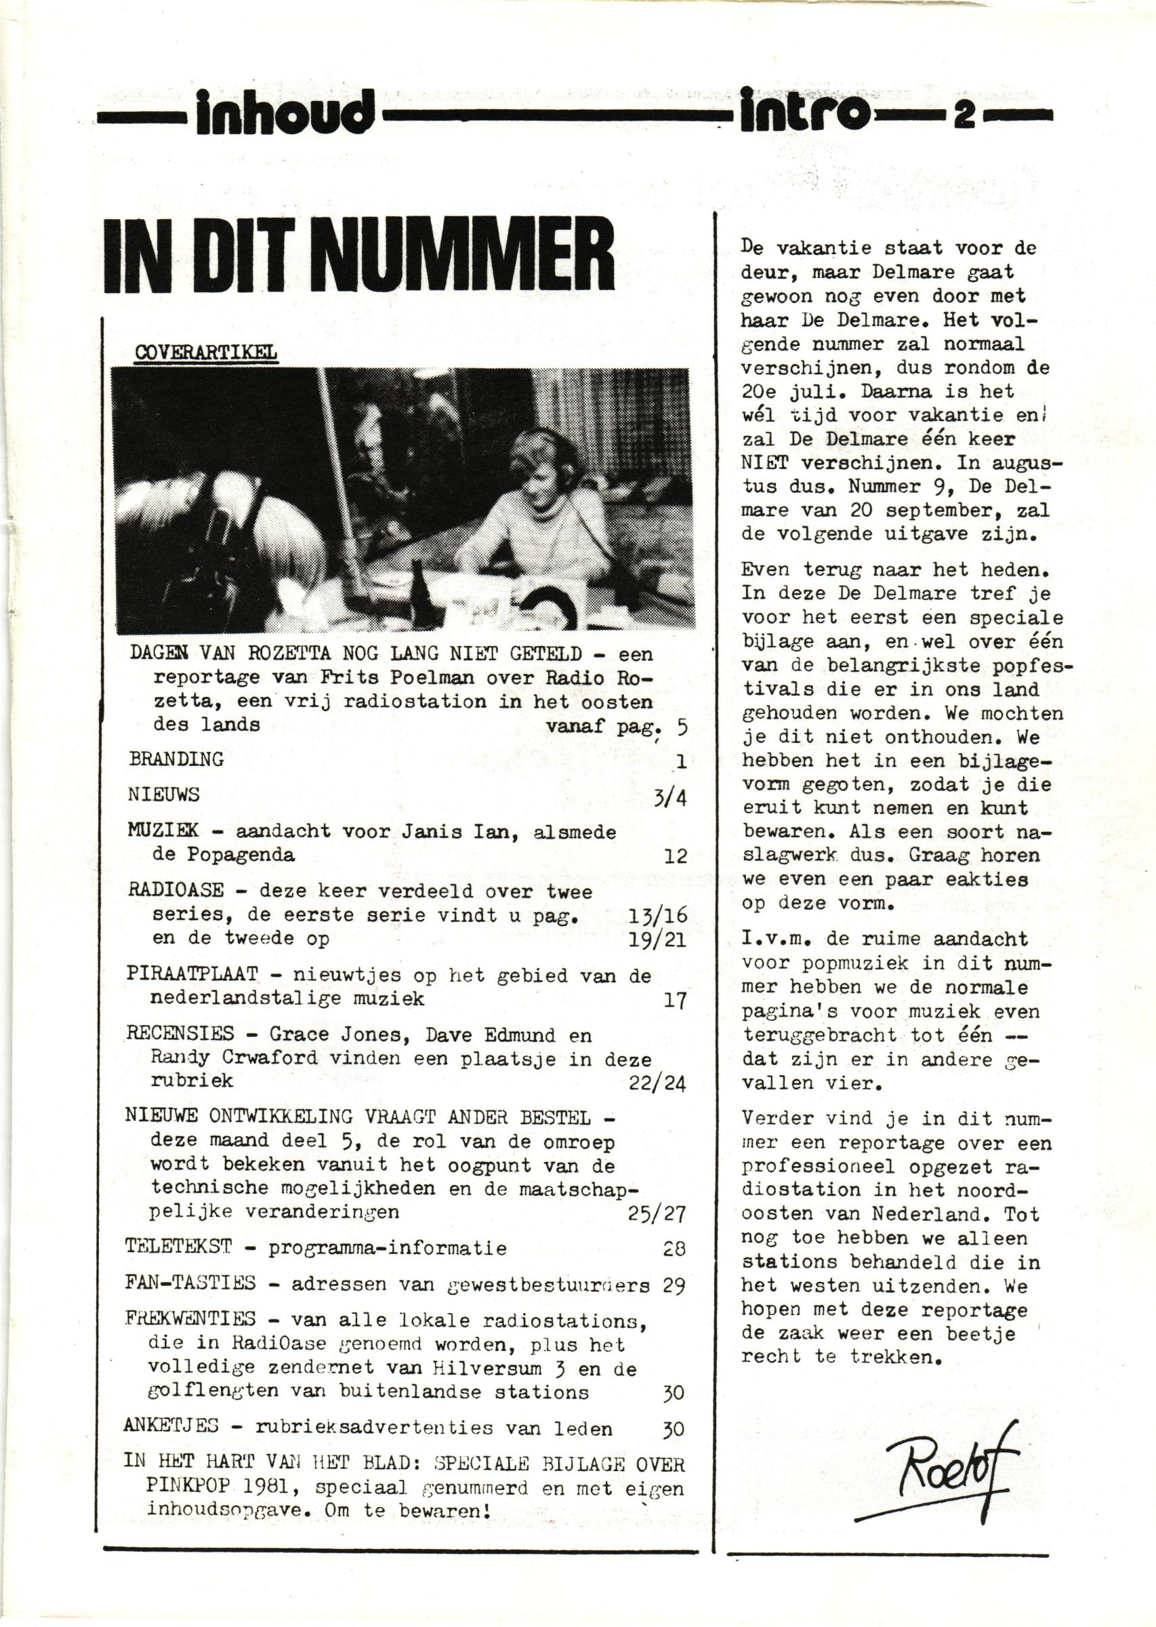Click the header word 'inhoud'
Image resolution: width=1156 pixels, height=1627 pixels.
281,115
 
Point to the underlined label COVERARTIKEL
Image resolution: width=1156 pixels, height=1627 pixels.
206,353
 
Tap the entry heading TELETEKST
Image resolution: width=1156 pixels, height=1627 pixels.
180,1247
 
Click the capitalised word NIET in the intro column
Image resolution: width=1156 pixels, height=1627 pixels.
766,463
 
